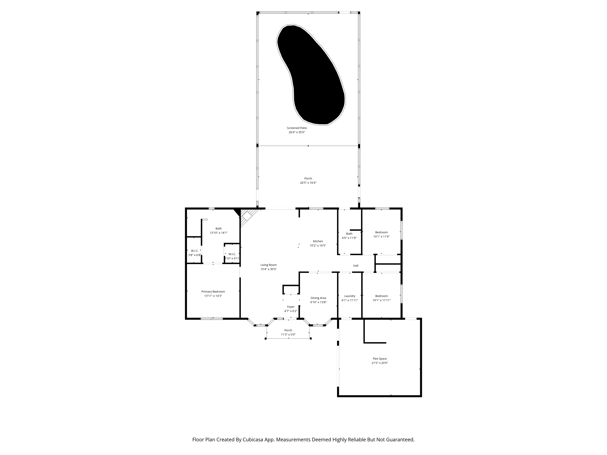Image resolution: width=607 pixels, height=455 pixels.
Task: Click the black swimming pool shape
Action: [311, 74]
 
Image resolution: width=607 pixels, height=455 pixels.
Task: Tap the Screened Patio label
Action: [297, 128]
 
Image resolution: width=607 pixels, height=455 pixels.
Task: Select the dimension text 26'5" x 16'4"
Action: [308, 183]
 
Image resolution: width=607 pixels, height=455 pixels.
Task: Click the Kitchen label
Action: [318, 241]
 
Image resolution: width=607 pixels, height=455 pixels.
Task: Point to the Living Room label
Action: [269, 265]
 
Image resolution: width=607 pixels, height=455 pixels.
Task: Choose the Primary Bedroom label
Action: [213, 291]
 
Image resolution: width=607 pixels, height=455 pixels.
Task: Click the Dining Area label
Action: [318, 298]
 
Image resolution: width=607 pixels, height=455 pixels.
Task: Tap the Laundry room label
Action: [350, 296]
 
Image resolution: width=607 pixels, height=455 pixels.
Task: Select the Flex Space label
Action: [380, 358]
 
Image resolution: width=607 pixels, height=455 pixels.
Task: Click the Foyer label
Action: [291, 307]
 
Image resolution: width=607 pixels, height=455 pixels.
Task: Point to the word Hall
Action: [356, 266]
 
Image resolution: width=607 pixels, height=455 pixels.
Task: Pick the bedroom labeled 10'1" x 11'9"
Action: [381, 234]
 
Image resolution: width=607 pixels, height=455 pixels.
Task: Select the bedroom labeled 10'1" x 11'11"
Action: [381, 298]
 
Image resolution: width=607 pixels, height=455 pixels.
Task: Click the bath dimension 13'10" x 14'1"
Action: [218, 233]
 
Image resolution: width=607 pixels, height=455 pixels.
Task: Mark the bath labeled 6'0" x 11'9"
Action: [349, 236]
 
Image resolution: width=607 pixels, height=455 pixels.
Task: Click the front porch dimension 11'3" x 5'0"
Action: [288, 334]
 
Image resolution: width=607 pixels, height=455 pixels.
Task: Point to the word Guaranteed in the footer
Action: [399, 440]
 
